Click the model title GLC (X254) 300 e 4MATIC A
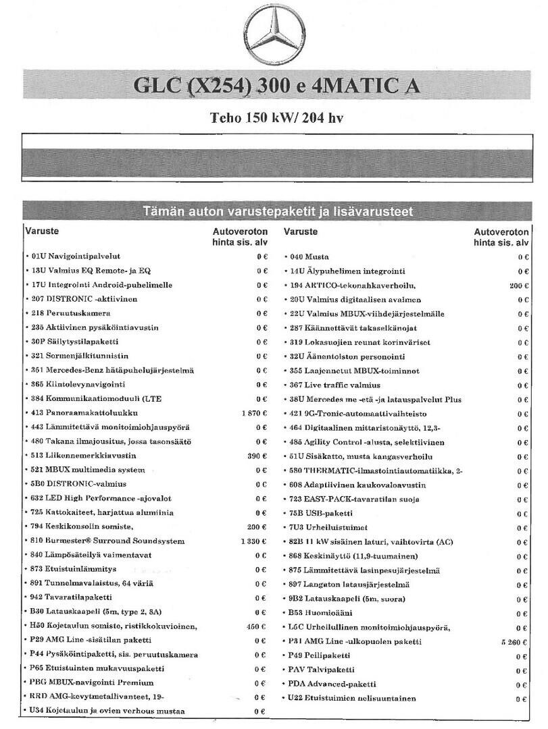click(x=275, y=86)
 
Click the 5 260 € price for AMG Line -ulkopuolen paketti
click(x=515, y=641)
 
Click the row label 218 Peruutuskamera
click(x=70, y=314)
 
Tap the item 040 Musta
click(x=309, y=256)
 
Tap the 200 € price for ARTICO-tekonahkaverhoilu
click(x=519, y=286)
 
